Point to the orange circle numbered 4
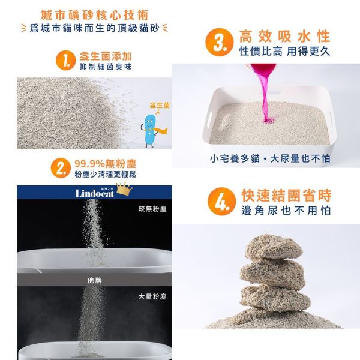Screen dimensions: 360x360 [221, 203]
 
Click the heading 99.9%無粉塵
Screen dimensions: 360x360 [104, 163]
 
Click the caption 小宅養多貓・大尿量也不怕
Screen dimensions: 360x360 [269, 159]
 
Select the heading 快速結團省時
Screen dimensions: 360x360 [286, 196]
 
